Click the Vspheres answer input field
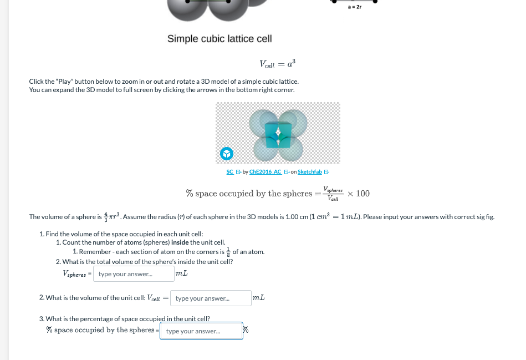point(134,274)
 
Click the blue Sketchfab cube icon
point(226,153)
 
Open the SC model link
point(230,172)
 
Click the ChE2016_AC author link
point(265,172)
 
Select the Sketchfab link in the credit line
point(309,172)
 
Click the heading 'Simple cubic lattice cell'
point(219,39)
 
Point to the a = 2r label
point(355,7)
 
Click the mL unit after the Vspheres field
point(181,273)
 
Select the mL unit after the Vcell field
point(258,298)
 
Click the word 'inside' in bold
point(180,242)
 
